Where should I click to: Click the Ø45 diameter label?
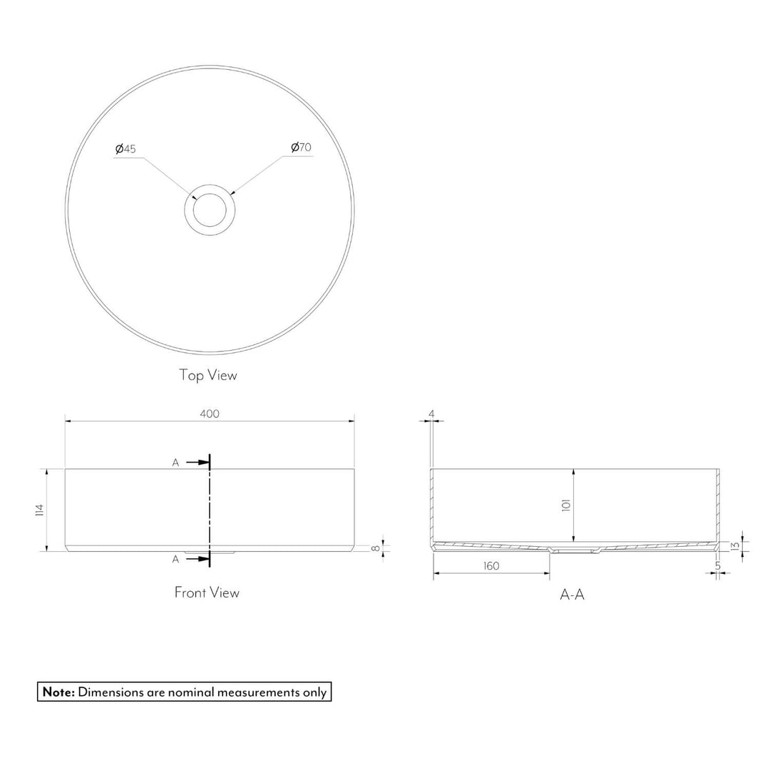[125, 149]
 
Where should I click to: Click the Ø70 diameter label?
[301, 148]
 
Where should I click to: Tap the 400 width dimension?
[210, 414]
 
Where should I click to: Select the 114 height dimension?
[40, 510]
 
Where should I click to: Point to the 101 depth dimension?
[565, 505]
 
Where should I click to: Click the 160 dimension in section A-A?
[491, 566]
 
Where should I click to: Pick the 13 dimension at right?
[735, 545]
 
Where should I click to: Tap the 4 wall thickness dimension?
[431, 414]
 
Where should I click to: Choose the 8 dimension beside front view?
[376, 548]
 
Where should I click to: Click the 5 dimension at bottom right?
[718, 566]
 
